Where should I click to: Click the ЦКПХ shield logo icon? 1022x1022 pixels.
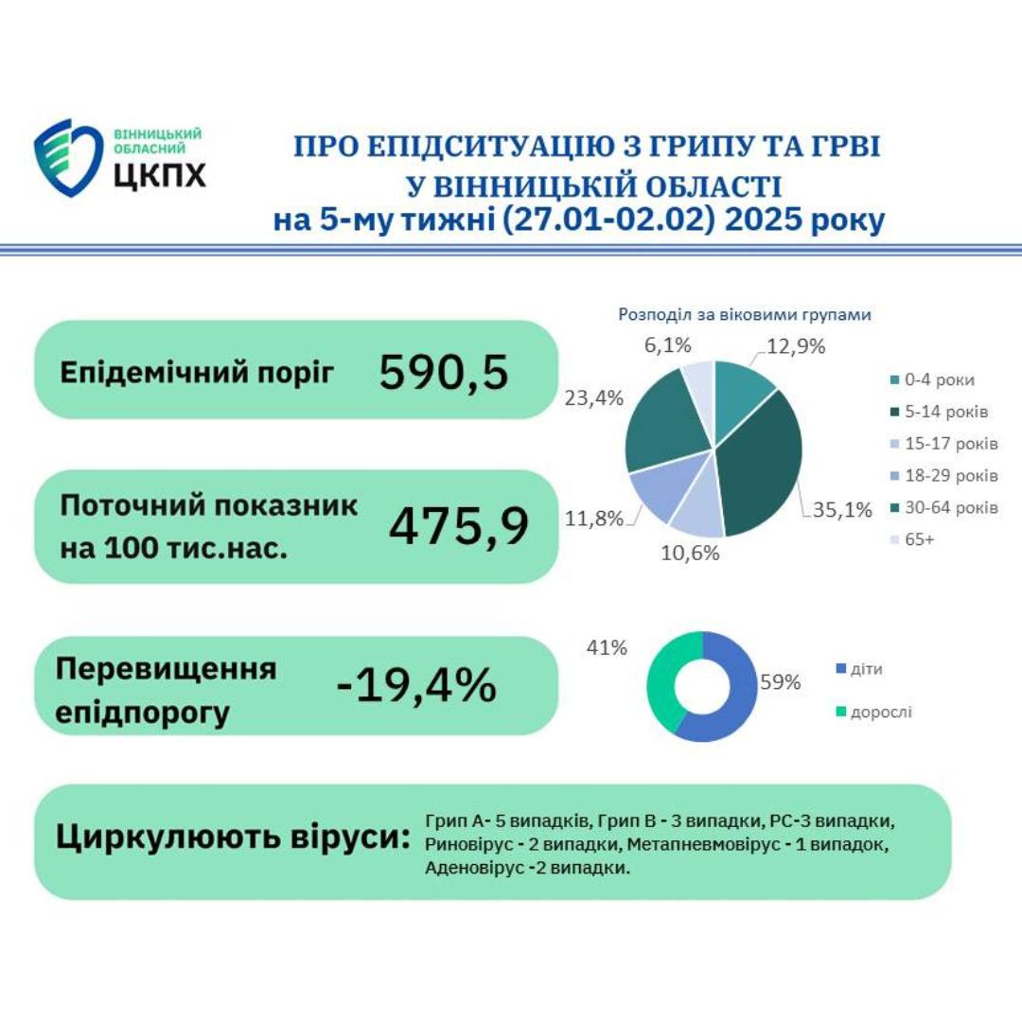67,157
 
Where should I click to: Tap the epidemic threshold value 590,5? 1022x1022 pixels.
444,371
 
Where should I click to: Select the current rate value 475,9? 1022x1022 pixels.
459,525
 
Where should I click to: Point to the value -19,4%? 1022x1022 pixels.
416,684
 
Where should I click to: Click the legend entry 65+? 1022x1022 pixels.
920,539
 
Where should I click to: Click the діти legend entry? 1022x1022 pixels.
867,669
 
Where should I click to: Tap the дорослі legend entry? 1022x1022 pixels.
879,711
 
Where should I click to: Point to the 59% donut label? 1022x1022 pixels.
781,681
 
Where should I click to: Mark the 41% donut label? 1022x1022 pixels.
607,648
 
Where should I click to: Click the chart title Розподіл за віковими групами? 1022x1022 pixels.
744,315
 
